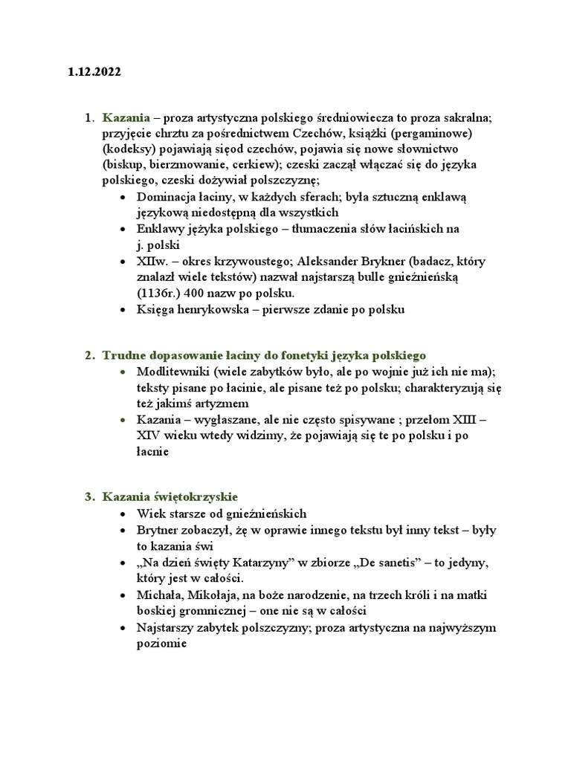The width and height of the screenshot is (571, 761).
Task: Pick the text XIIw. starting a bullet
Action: [x=151, y=262]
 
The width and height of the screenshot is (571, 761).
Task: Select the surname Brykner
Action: [x=361, y=262]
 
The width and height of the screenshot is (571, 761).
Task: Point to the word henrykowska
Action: [x=212, y=311]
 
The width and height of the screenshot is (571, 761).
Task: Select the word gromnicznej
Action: [x=215, y=611]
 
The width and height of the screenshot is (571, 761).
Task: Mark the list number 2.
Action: [x=88, y=355]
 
